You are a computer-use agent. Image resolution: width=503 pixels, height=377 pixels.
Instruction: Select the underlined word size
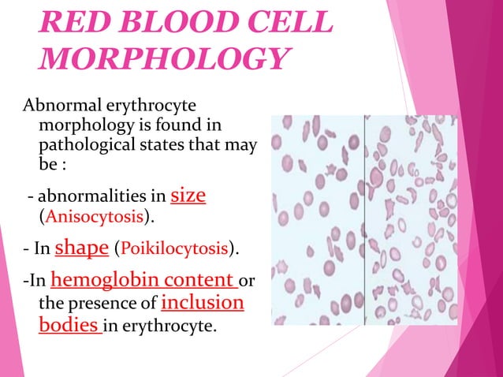[x=188, y=194]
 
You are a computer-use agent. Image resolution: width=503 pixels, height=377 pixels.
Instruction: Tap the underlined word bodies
[x=67, y=324]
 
